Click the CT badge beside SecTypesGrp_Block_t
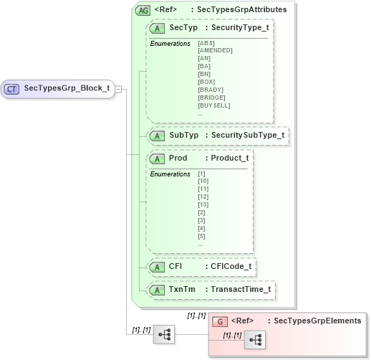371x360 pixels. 12,89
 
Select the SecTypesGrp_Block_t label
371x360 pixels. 67,89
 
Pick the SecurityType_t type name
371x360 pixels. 236,27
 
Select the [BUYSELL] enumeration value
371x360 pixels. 213,105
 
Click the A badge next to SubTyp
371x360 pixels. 155,135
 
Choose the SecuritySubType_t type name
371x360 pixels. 244,135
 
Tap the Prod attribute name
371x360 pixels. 178,158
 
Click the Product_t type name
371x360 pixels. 226,158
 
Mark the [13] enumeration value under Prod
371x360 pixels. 203,204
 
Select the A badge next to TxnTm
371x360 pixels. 155,290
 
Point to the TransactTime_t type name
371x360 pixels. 238,290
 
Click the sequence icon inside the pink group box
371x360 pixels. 254,340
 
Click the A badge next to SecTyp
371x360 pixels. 155,27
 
